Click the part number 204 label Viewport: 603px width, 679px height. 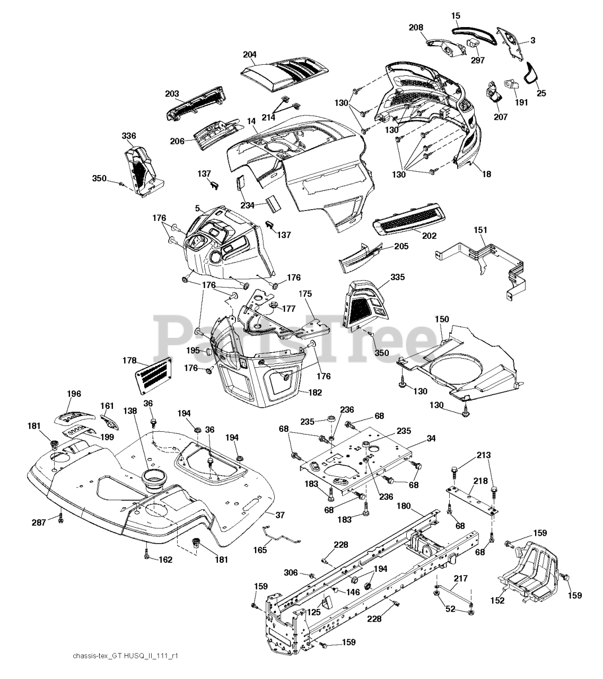[249, 54]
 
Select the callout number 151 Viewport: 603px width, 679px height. [480, 230]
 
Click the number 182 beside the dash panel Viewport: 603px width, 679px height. [314, 392]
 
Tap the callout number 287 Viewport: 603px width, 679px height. [39, 523]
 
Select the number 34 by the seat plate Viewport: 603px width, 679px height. [431, 438]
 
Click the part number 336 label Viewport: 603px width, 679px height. [129, 135]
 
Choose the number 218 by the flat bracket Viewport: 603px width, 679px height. [480, 481]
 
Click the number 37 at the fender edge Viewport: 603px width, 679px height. [279, 515]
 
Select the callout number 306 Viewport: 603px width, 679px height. [291, 573]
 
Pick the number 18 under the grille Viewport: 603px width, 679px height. [486, 174]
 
